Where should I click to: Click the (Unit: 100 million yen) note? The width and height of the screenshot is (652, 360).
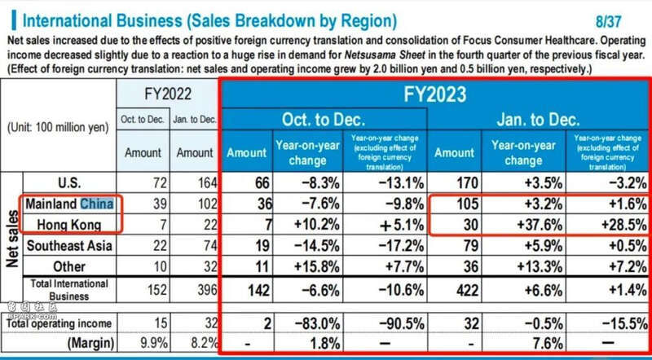[x=57, y=127]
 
